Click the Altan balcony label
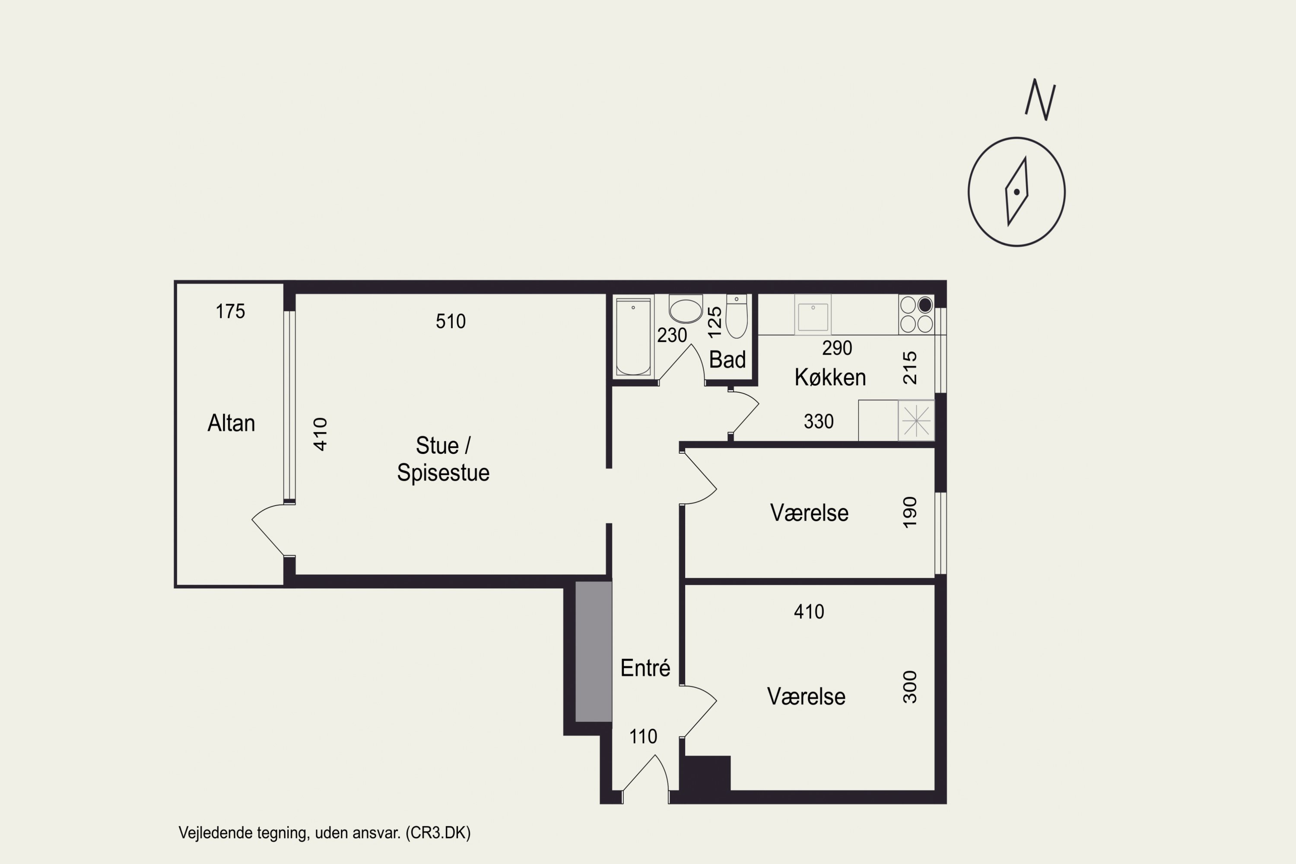(x=231, y=423)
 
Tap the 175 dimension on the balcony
(x=230, y=311)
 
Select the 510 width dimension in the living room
(x=451, y=321)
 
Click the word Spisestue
(x=443, y=473)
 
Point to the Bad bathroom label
(x=727, y=360)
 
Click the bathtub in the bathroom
(x=633, y=337)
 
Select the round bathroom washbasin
(x=686, y=308)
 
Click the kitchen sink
(x=813, y=314)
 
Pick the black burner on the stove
(x=925, y=305)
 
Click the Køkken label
(x=830, y=378)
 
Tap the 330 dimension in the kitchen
(x=819, y=422)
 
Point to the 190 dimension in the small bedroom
(x=910, y=512)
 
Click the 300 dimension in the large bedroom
(x=910, y=687)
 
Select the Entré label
(x=645, y=668)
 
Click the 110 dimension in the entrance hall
(x=643, y=737)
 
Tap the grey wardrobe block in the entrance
(x=594, y=652)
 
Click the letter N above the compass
(x=1040, y=100)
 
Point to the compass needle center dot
(x=1016, y=192)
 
